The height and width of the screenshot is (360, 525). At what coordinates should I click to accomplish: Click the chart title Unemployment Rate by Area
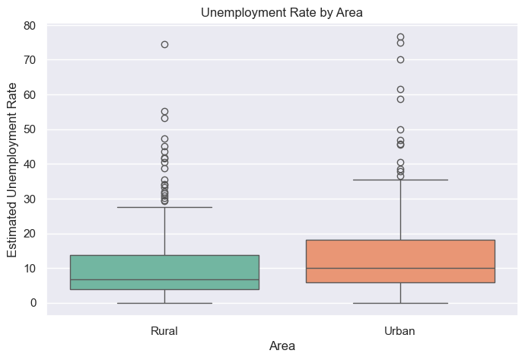282,11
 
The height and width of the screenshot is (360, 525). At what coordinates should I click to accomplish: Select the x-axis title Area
282,346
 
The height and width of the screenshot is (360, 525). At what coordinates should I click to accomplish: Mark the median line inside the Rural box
164,279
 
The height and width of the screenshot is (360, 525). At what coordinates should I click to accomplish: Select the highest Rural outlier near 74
164,44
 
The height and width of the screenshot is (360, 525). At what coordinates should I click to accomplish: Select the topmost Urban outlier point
400,37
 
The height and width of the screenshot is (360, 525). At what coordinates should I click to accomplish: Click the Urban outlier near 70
400,59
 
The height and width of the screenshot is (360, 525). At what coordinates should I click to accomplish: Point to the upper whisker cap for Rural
164,207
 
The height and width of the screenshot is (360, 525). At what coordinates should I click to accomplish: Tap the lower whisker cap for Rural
164,303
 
